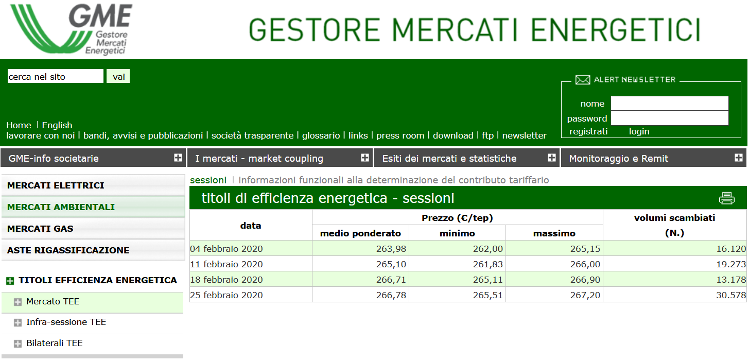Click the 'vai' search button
coord(118,76)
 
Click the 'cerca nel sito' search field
coord(56,76)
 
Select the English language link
coord(57,125)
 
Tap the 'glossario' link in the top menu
coord(321,135)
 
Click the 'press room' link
coord(400,135)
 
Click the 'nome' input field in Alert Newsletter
coord(669,104)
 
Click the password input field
coord(669,118)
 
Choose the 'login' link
coord(639,131)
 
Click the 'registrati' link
coord(588,131)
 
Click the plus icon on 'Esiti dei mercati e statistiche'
coord(552,158)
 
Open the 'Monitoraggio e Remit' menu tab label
coord(619,158)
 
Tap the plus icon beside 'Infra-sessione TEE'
coord(18,322)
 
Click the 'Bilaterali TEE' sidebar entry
coord(55,343)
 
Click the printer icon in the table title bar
coord(726,198)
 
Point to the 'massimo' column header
coord(554,233)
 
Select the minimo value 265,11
coord(487,280)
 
